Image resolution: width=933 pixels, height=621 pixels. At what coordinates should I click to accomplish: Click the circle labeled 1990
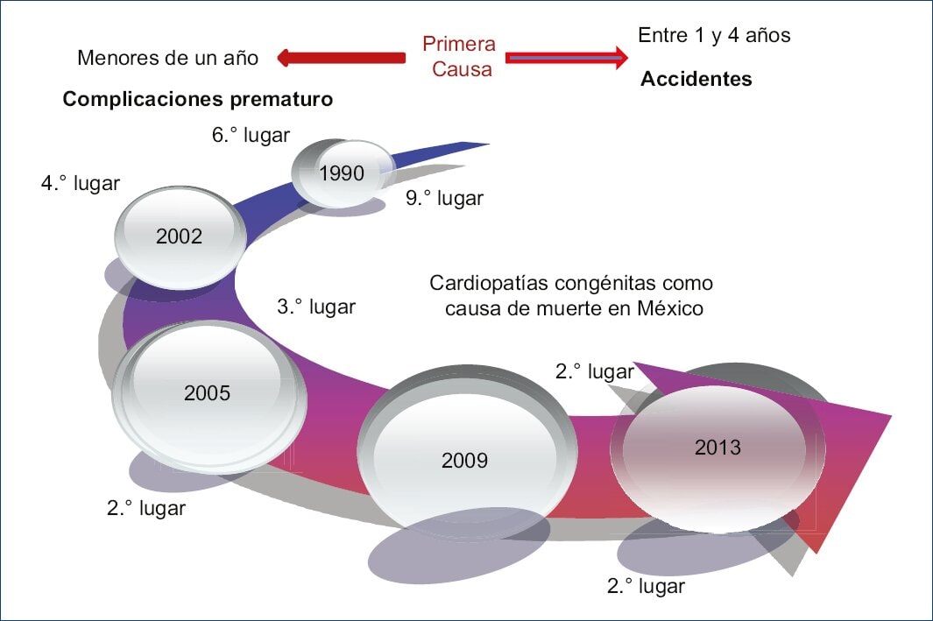point(343,173)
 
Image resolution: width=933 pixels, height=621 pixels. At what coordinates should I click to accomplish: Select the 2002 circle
point(179,236)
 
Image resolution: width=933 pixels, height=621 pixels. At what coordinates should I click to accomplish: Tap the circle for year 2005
point(208,394)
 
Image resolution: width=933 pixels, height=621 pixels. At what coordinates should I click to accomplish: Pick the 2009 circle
point(464,460)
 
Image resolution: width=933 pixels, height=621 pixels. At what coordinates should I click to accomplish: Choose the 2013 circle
point(717,448)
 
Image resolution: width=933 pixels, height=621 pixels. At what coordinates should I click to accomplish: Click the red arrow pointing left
point(341,58)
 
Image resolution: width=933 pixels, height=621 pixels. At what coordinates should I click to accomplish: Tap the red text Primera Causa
point(458,56)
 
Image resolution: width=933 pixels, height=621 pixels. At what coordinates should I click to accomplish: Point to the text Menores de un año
point(168,58)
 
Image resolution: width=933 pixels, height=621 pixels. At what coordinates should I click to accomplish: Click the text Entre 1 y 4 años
point(714,35)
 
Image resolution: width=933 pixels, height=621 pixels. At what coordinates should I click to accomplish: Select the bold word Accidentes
point(696,79)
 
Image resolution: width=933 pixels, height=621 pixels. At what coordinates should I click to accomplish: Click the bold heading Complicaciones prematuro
point(198,99)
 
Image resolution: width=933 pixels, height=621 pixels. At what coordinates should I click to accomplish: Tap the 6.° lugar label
point(251,135)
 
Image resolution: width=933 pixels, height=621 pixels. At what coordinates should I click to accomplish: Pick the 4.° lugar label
point(81,184)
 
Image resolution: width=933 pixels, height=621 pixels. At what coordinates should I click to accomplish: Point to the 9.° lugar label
point(444,199)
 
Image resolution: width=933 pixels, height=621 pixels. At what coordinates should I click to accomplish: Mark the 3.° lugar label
point(316,307)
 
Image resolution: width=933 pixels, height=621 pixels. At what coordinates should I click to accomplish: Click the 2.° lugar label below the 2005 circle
point(146,508)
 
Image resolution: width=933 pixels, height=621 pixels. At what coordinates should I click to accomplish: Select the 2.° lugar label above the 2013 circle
point(595,371)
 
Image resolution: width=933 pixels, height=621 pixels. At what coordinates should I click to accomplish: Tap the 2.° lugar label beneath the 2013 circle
point(646,586)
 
